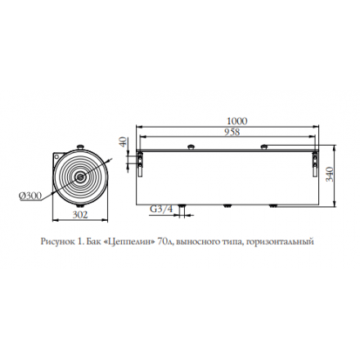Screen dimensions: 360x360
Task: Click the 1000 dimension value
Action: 237,121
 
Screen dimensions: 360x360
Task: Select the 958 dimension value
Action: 232,132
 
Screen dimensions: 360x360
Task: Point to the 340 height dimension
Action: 330,174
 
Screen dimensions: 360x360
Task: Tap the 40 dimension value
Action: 124,142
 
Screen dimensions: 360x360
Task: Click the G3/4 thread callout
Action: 161,209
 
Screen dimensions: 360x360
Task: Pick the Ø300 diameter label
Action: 30,196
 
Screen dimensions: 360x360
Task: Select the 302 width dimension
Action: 80,215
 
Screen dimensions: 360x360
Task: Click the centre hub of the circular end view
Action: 80,177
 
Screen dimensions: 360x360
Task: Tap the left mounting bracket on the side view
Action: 140,164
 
